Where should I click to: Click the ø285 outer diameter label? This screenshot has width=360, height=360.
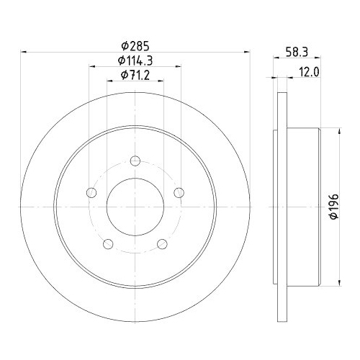click(x=135, y=42)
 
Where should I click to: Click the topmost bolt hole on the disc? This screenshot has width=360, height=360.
click(x=135, y=161)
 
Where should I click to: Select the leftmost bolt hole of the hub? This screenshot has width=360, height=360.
click(x=91, y=192)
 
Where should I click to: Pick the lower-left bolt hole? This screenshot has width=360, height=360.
click(x=108, y=244)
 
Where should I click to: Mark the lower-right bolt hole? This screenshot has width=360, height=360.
click(x=162, y=244)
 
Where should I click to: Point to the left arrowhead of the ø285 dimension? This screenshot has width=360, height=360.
click(x=26, y=50)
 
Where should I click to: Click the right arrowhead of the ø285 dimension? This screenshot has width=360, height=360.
click(x=246, y=50)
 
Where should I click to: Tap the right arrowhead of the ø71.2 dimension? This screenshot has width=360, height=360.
click(x=161, y=83)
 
